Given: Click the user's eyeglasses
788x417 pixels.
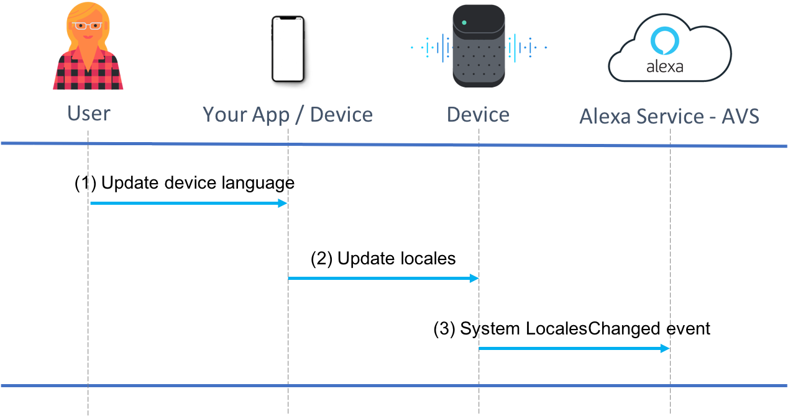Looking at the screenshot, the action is (87, 25).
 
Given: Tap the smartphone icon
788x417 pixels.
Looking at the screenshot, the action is (288, 49).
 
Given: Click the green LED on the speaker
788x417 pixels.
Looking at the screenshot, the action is (464, 22).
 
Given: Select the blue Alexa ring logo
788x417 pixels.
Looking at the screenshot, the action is (664, 41).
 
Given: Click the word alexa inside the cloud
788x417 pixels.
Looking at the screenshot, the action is (664, 66).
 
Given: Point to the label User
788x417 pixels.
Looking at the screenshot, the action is (89, 114).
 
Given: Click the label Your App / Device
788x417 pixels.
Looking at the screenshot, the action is (287, 115).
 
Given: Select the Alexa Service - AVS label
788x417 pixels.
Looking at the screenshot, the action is (669, 116).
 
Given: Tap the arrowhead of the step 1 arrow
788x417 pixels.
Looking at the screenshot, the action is (283, 203).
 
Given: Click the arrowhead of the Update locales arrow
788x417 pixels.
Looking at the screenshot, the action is (474, 278).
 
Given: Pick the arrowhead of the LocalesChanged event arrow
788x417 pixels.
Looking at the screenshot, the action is (665, 348).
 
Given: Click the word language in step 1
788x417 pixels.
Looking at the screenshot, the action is (258, 184).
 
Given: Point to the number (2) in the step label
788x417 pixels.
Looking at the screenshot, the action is (321, 259).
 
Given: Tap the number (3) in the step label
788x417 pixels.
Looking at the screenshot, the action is (444, 329).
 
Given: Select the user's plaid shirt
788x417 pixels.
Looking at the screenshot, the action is (88, 70).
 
